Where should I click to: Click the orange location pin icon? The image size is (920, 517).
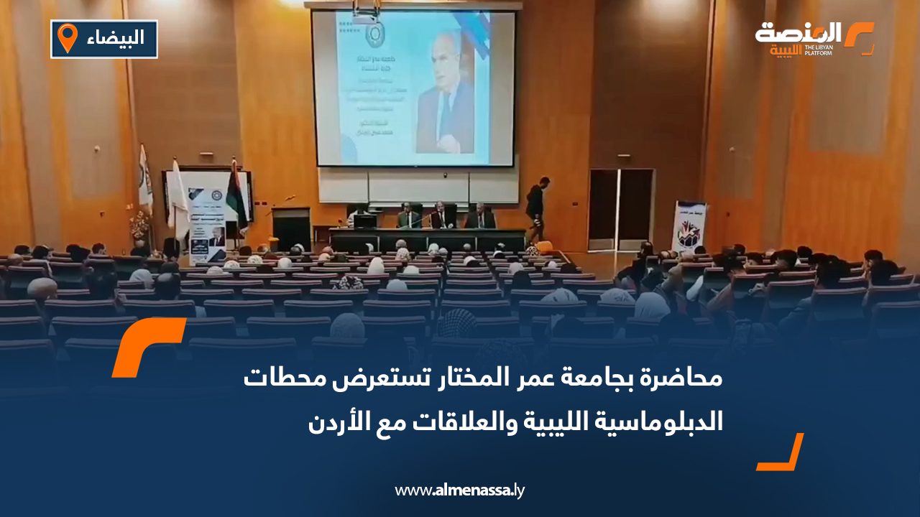67,38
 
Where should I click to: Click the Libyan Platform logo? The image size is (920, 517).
814,38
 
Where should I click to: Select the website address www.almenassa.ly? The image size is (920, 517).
460,490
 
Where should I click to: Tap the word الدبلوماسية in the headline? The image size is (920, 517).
668,421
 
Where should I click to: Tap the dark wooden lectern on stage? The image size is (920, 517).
291,228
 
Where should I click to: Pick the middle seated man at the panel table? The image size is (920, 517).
443,217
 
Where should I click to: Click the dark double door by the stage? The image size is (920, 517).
620,210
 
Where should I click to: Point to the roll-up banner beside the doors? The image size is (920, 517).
688,226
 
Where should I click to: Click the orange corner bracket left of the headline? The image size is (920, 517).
147,346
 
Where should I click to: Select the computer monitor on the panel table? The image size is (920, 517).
365,222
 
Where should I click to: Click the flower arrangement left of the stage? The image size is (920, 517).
139,226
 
